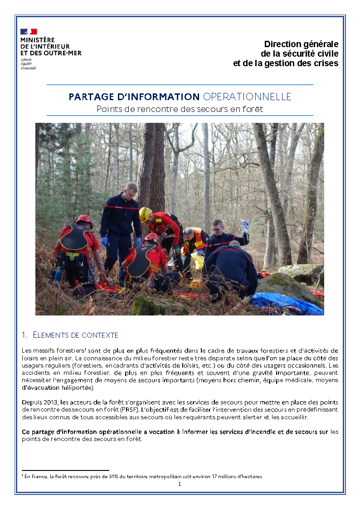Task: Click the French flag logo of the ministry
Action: click(29, 32)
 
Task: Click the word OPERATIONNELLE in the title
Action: click(247, 97)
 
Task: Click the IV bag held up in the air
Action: click(245, 225)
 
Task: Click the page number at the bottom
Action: click(180, 484)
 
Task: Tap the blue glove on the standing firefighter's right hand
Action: click(104, 241)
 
